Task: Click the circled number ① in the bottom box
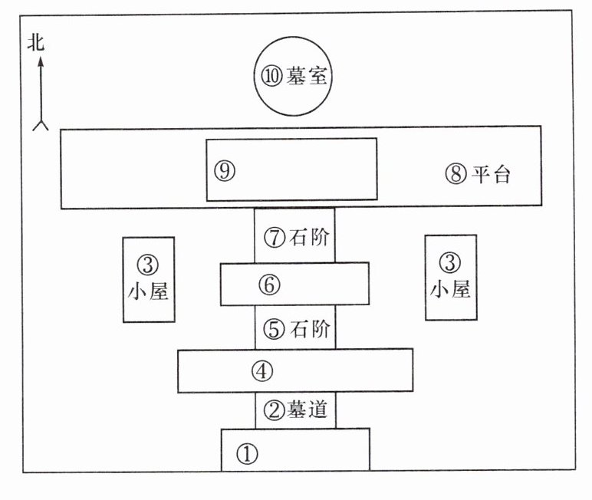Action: pos(245,454)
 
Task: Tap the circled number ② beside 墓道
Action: pos(274,410)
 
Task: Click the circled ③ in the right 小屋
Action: pos(449,262)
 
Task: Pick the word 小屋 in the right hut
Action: pos(450,289)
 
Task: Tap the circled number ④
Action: pos(262,371)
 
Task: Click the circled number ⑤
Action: pos(274,330)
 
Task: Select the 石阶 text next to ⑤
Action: pos(311,330)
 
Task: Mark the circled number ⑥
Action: pos(267,285)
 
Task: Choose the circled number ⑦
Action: pos(274,238)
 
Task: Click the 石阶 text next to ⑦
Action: pos(311,238)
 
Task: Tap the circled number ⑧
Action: pos(456,174)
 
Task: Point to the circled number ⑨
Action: pos(223,171)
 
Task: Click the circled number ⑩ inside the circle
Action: pos(273,77)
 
